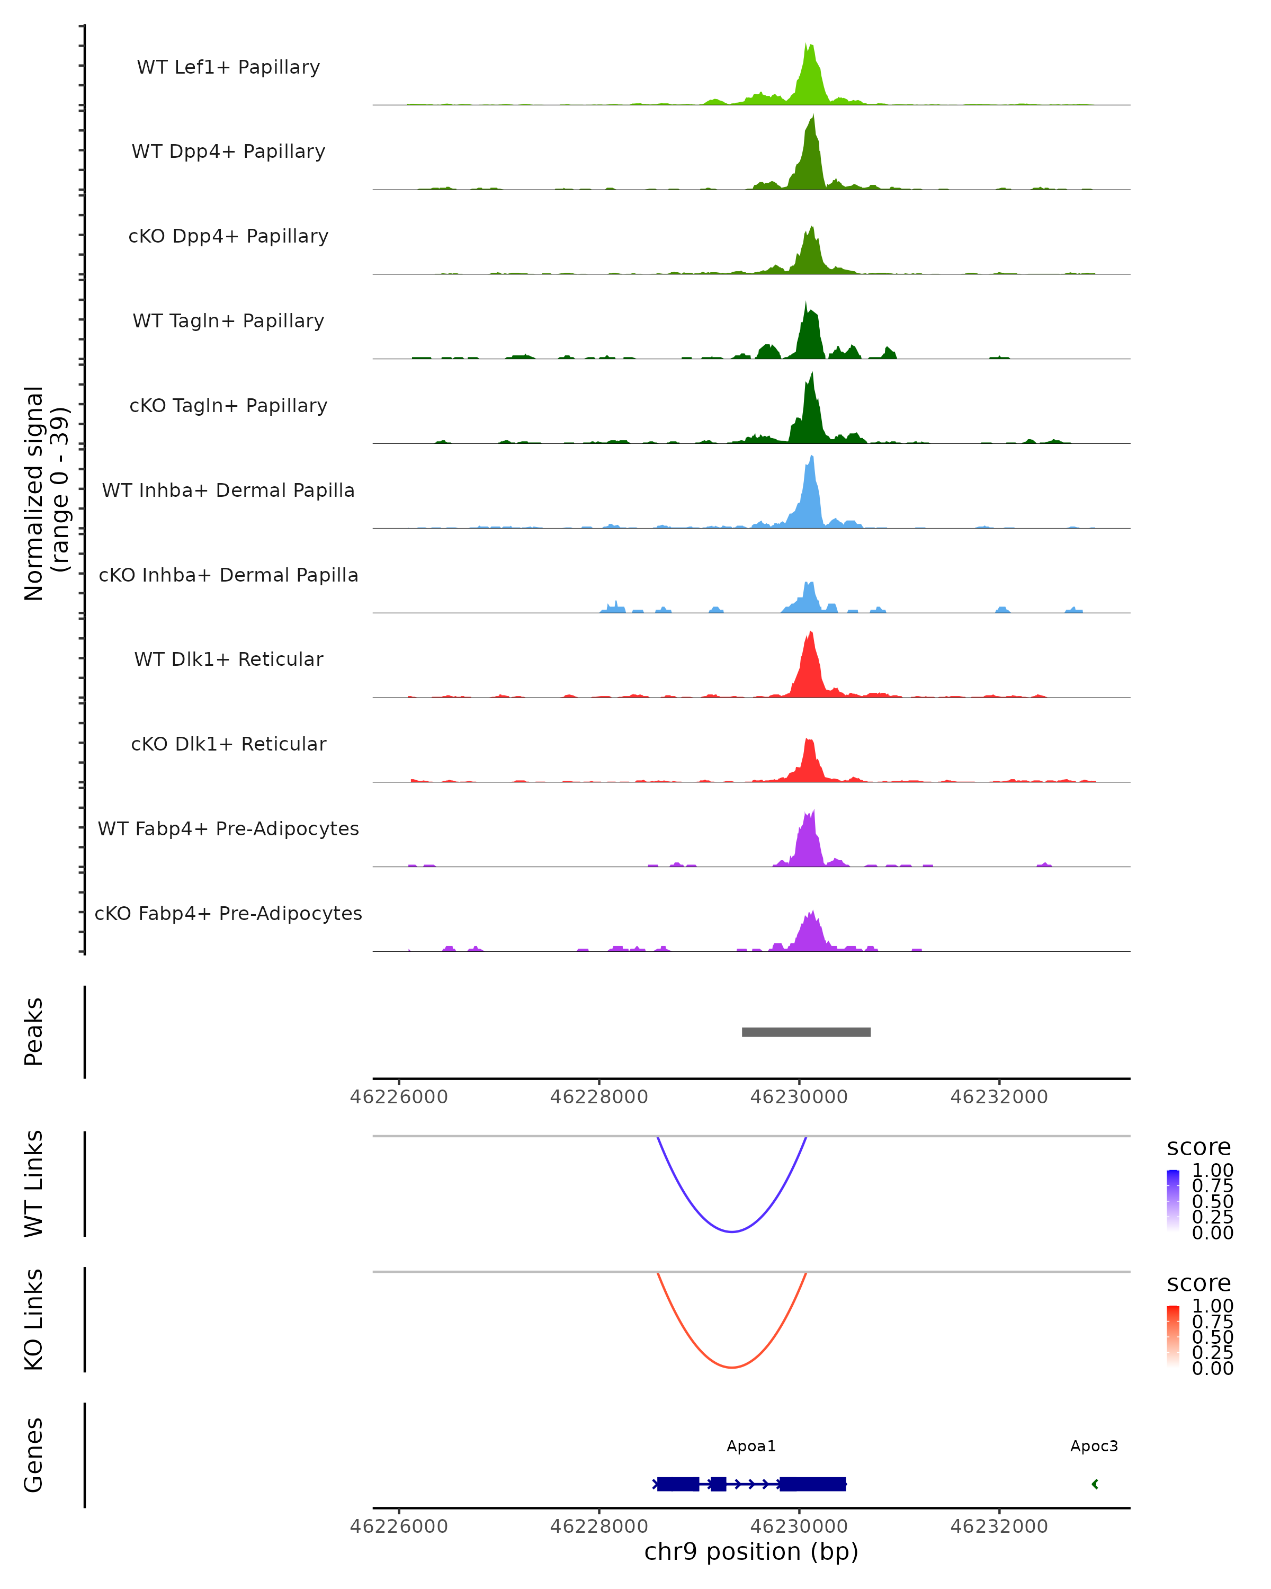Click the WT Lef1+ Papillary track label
[x=228, y=67]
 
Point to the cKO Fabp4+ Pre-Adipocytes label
[x=228, y=913]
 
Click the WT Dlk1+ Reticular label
[x=228, y=659]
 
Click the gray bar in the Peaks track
[x=806, y=1032]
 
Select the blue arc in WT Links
[x=732, y=1231]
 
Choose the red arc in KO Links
[x=732, y=1367]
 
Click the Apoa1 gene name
[x=751, y=1446]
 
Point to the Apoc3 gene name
[x=1094, y=1446]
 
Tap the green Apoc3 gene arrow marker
[x=1095, y=1484]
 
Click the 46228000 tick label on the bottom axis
[x=598, y=1526]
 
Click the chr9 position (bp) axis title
[x=751, y=1551]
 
